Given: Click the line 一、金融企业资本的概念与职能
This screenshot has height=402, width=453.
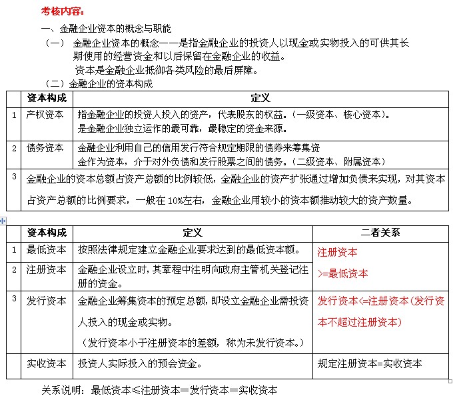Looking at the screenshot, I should [107, 29].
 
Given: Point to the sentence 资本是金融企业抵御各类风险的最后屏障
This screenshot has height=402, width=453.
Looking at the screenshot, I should [167, 70].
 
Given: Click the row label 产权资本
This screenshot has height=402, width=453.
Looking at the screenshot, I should [46, 115].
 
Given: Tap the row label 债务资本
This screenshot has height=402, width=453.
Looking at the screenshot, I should [46, 148].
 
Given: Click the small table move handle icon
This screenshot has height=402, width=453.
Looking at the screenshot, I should [3, 220].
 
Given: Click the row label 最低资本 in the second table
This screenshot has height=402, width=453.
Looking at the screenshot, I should [46, 250].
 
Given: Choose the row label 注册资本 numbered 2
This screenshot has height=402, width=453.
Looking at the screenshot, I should [46, 270].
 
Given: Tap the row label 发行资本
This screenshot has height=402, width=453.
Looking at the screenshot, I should [46, 301].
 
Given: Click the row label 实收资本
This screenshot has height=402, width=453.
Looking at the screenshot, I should [46, 364].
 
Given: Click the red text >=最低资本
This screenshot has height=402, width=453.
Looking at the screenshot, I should [343, 273].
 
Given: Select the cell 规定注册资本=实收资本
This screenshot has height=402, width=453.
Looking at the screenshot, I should [370, 364].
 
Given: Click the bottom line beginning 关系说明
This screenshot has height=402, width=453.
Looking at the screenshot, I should [159, 390].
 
